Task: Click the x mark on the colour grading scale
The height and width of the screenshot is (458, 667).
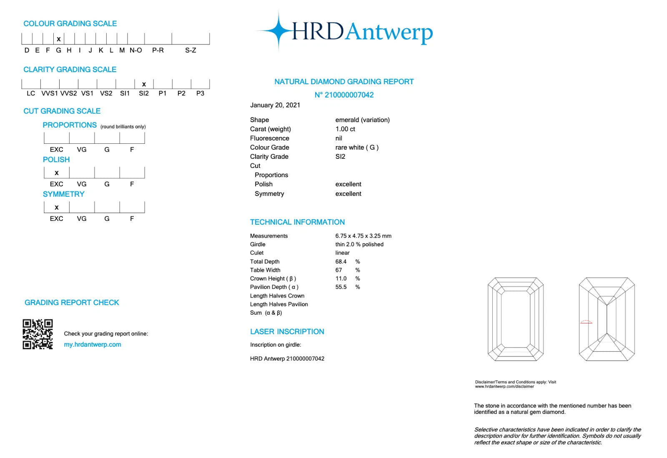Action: pyautogui.click(x=59, y=39)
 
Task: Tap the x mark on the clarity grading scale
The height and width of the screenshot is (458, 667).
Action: pyautogui.click(x=144, y=84)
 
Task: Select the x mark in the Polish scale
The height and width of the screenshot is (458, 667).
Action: pyautogui.click(x=57, y=173)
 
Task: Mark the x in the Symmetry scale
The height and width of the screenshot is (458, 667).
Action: pyautogui.click(x=57, y=208)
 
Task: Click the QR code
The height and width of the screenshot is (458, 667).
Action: pyautogui.click(x=38, y=334)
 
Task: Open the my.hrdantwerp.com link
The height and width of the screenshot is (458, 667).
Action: pyautogui.click(x=93, y=345)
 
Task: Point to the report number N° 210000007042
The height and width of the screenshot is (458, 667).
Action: pyautogui.click(x=344, y=95)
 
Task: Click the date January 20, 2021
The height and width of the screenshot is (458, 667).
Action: pyautogui.click(x=275, y=105)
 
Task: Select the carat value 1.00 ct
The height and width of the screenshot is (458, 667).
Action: pyautogui.click(x=345, y=129)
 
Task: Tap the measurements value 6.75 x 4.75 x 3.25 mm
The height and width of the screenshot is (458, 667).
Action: pyautogui.click(x=363, y=236)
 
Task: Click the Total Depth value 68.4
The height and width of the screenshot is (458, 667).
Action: pyautogui.click(x=341, y=262)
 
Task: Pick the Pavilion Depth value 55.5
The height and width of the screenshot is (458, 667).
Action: pyautogui.click(x=341, y=287)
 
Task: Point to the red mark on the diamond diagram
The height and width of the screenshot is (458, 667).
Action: pyautogui.click(x=586, y=322)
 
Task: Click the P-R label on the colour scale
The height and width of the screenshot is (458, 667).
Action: pyautogui.click(x=158, y=50)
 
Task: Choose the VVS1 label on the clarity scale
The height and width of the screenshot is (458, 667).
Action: pyautogui.click(x=50, y=93)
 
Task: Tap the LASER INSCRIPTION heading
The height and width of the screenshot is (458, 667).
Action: pyautogui.click(x=287, y=332)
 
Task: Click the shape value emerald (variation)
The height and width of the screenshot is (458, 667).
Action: pyautogui.click(x=362, y=120)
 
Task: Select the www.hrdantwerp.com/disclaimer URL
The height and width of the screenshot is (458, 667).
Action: pyautogui.click(x=504, y=387)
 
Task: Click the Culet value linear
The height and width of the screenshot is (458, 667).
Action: pyautogui.click(x=342, y=253)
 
